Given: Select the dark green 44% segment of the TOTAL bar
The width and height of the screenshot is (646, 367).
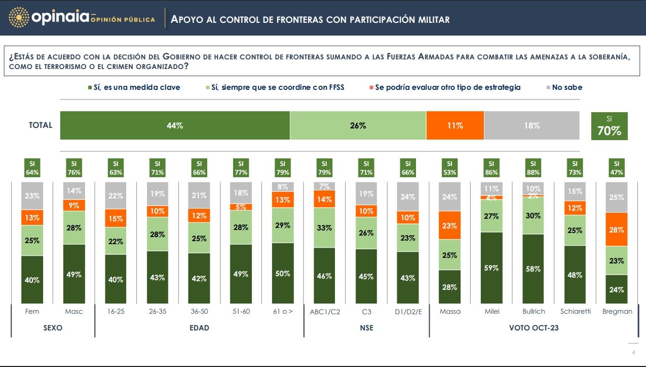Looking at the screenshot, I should point(175,125).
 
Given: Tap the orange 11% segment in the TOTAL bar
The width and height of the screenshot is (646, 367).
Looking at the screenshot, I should point(455,125).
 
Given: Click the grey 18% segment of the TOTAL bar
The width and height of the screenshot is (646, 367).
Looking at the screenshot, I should point(531,125).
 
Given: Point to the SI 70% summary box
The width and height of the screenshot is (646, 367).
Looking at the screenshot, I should point(609,126).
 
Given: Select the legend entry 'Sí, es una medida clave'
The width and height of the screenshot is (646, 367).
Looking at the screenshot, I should point(133,87).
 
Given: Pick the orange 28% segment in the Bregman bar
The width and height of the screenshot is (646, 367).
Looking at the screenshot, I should point(616,229).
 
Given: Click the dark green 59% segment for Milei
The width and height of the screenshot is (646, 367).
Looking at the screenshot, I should point(491,268).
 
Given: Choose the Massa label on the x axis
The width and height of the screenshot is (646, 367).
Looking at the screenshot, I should point(450,311).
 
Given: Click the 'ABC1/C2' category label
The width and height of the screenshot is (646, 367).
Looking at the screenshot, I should point(324,311).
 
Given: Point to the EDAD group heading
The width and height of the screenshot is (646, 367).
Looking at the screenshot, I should point(199,328).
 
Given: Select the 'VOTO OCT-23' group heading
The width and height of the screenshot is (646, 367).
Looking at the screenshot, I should point(534,328).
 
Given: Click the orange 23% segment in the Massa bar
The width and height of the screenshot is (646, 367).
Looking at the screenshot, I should point(449,226).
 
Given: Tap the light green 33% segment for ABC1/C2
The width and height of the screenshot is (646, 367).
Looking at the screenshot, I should point(324,228).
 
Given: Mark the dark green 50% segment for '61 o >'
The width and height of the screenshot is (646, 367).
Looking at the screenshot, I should point(283,273).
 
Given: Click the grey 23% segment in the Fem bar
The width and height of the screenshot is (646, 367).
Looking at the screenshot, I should point(32,195).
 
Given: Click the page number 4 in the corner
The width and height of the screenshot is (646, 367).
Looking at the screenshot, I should point(633,353).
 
